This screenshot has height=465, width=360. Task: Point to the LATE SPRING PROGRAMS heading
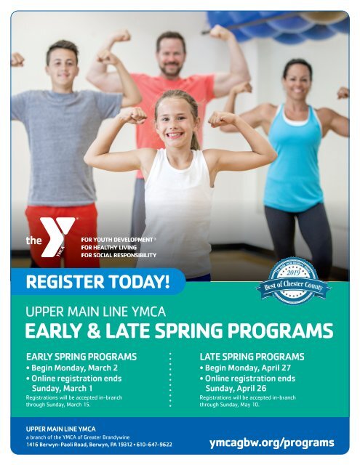252,357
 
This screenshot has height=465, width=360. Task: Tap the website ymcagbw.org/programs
271,442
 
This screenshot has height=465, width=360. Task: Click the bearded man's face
172,54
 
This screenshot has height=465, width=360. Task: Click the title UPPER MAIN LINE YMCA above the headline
96,313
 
